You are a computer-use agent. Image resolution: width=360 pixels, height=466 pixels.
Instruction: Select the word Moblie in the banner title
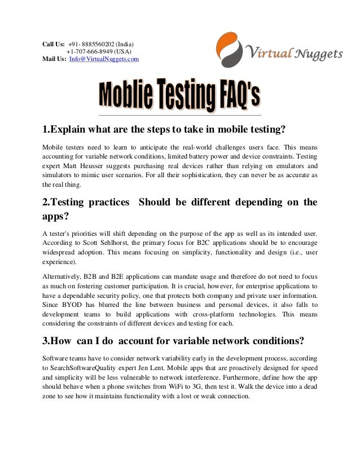[125, 96]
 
